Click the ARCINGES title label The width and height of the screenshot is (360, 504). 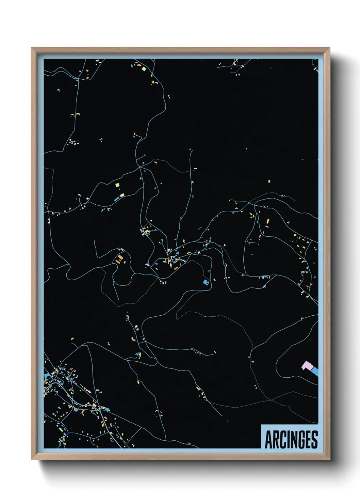(x=291, y=439)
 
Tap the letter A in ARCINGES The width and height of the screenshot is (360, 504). (x=268, y=440)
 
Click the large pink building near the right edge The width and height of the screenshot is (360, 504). (x=307, y=366)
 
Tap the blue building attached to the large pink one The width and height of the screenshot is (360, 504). (x=315, y=372)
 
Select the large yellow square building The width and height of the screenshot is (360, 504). (x=117, y=185)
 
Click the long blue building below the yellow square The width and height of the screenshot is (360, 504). (x=117, y=198)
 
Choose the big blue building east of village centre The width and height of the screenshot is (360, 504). (x=206, y=282)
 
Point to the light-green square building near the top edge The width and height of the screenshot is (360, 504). (x=144, y=69)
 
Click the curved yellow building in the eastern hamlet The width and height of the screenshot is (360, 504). (x=301, y=262)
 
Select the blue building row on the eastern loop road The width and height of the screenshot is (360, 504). (x=264, y=277)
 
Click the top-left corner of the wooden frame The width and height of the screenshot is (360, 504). (x=32, y=48)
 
